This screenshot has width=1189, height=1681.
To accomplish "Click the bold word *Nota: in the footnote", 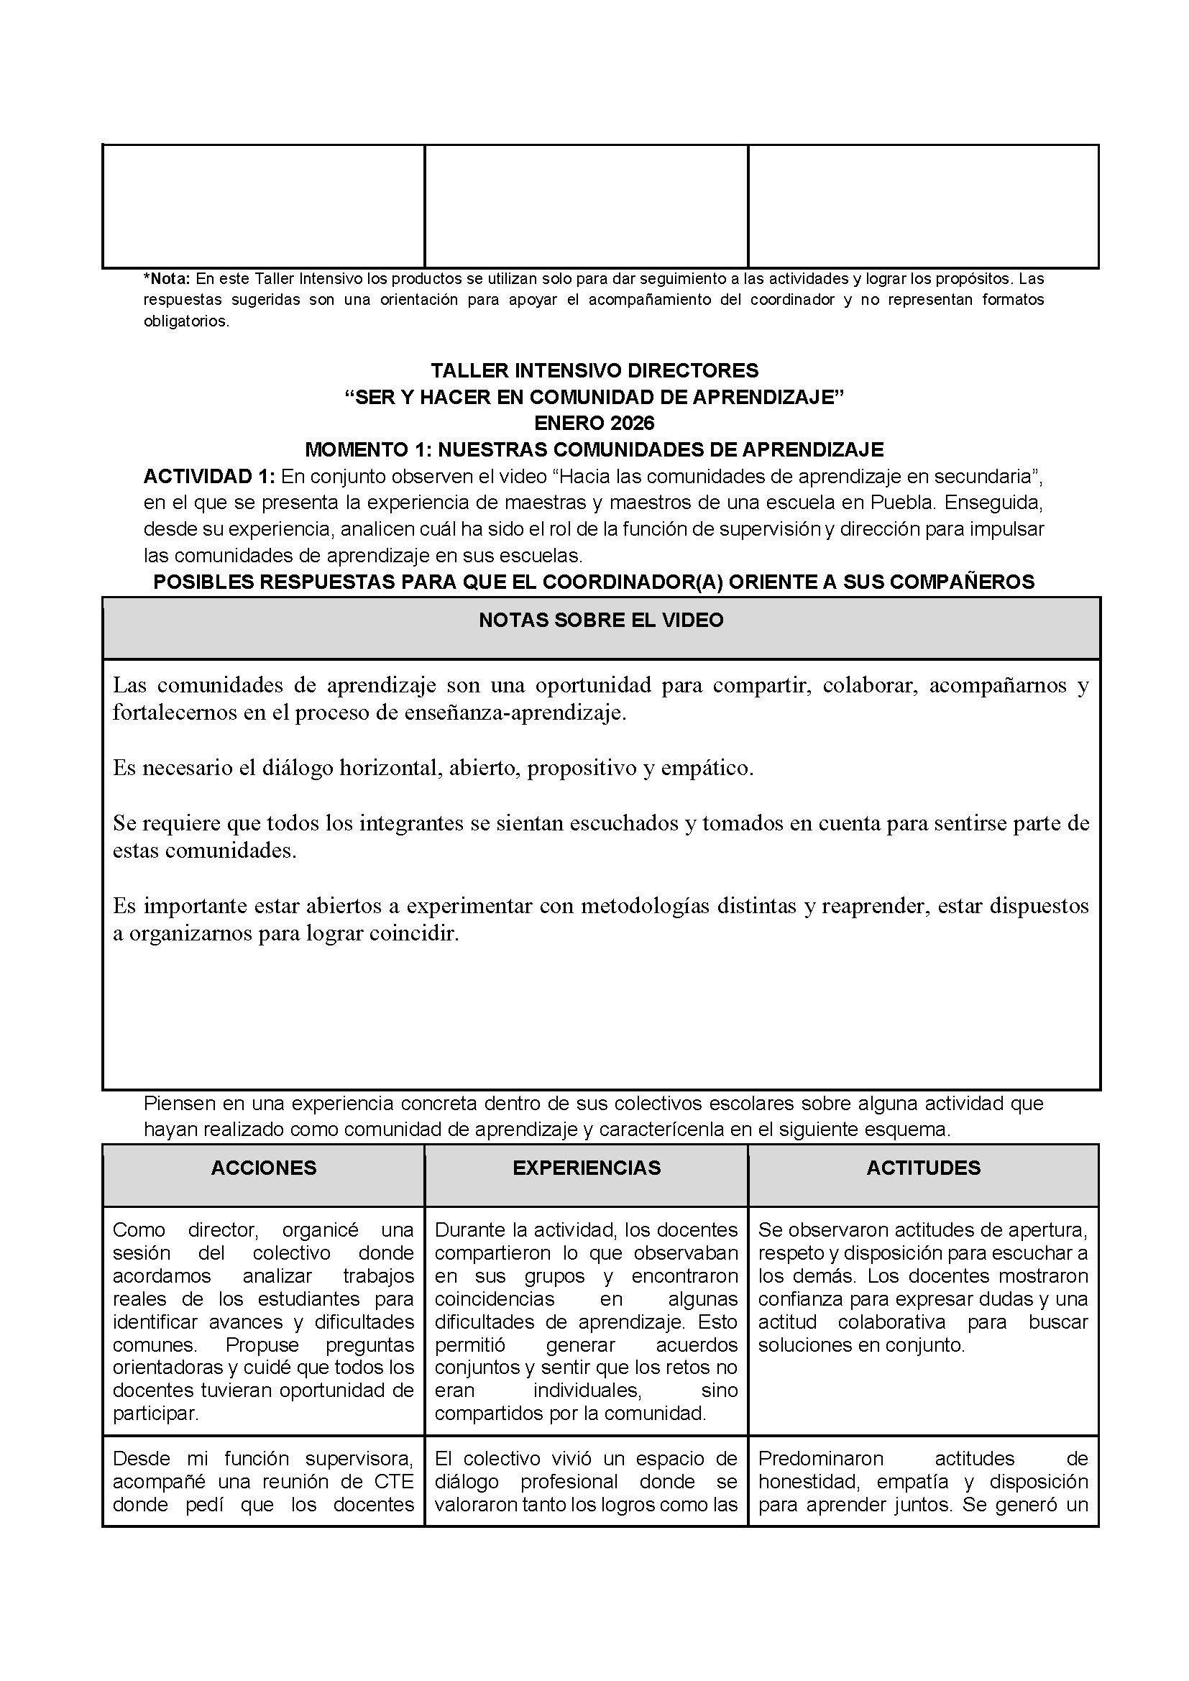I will point(167,279).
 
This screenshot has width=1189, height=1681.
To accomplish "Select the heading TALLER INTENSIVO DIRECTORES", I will point(594,370).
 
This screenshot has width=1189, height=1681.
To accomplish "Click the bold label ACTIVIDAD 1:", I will point(209,477).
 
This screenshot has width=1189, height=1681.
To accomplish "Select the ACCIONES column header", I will point(264,1168).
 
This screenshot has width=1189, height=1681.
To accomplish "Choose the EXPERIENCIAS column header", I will point(587,1168).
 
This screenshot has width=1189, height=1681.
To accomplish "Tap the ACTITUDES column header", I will point(923,1168).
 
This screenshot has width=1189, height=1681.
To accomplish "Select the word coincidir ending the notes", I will point(419,934).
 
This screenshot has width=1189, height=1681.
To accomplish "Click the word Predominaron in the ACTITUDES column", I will point(821,1458).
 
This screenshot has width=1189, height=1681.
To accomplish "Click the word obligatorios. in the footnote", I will point(187,321).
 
